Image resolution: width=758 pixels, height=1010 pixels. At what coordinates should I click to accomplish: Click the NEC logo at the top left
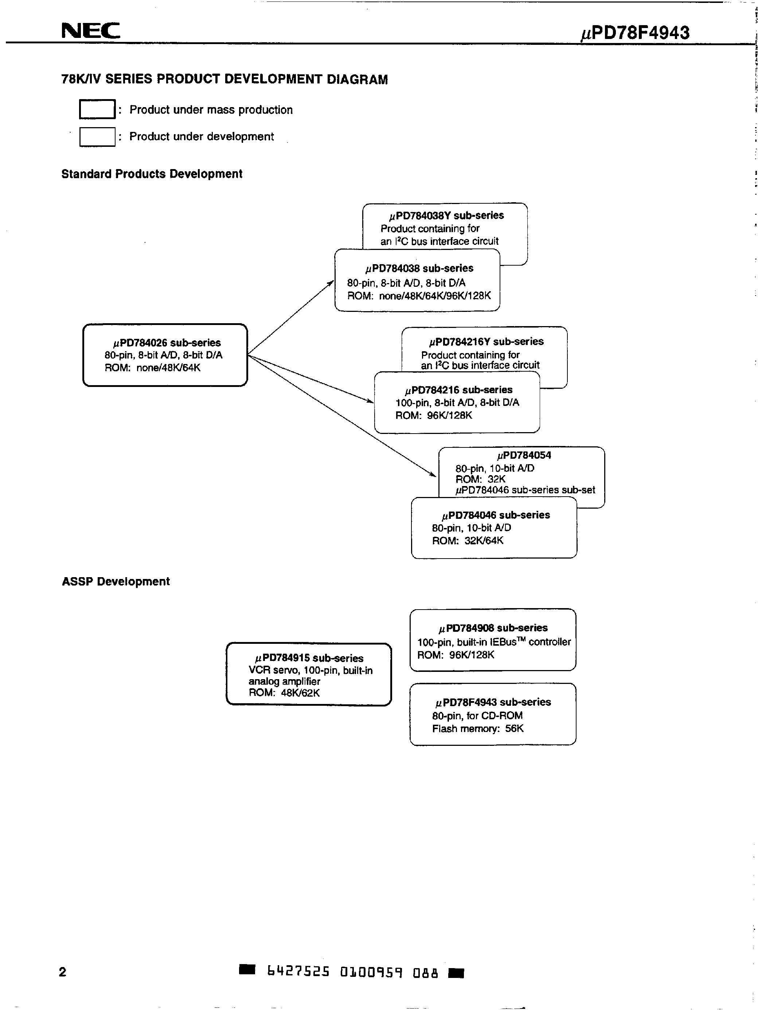tap(90, 31)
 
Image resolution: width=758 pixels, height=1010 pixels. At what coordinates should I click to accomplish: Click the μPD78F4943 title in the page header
tap(635, 33)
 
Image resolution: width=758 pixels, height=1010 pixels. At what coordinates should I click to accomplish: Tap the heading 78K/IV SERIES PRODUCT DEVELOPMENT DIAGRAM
tap(224, 79)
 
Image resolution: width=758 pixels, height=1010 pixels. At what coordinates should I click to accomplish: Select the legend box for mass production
tap(97, 109)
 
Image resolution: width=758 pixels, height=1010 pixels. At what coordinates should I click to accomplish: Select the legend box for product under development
tap(97, 137)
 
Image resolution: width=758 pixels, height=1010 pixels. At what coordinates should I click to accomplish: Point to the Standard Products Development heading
tap(152, 174)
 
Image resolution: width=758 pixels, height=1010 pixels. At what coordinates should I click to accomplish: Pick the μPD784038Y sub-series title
tap(446, 215)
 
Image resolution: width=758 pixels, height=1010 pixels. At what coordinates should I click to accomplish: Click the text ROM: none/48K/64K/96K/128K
tap(419, 295)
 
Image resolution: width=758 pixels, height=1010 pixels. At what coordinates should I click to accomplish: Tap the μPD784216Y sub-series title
tap(486, 341)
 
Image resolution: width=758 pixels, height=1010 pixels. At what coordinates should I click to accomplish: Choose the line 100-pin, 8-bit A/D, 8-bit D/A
tap(457, 402)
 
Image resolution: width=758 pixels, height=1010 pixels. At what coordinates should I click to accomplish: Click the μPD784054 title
tap(524, 455)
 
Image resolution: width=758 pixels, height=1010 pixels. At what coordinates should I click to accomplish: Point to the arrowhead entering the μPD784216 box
tap(370, 402)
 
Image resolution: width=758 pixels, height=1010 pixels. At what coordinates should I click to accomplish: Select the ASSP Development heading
tap(116, 581)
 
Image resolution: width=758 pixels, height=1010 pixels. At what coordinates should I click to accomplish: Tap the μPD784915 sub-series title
tap(309, 658)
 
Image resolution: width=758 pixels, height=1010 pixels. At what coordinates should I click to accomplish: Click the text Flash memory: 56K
tap(478, 728)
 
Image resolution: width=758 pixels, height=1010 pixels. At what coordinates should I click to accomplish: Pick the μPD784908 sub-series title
tap(493, 628)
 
